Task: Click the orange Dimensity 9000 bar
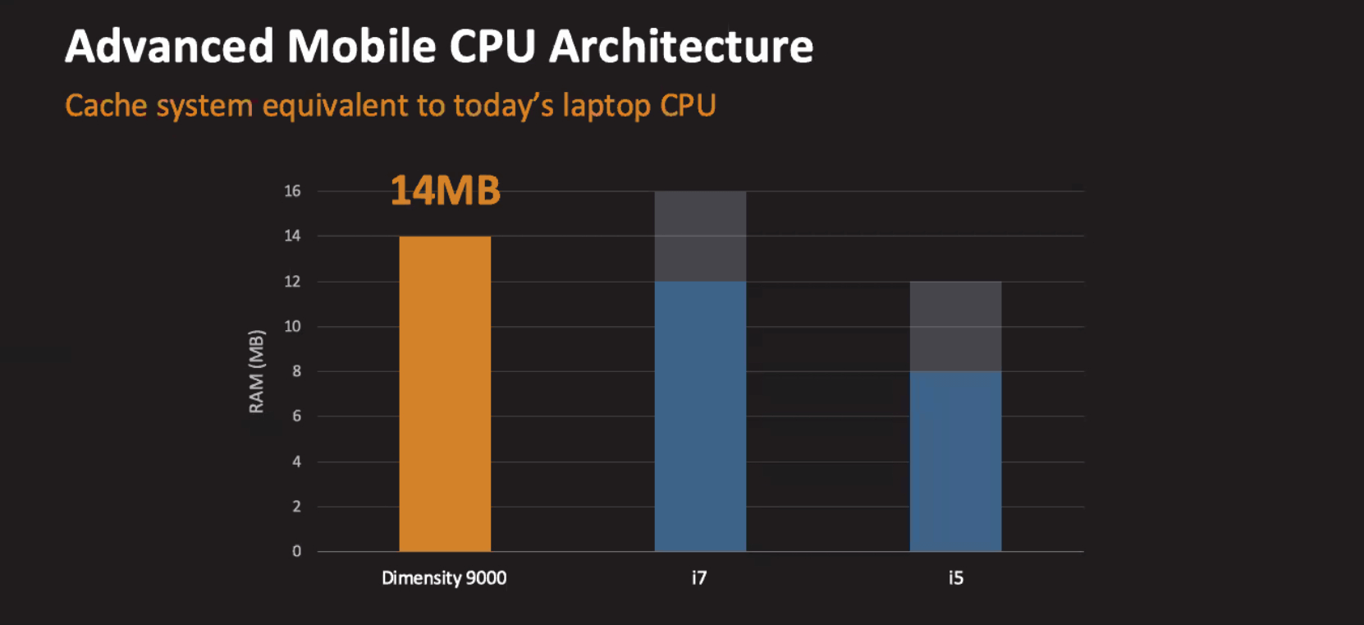click(x=445, y=393)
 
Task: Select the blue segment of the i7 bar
click(x=700, y=416)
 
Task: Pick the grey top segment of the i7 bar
click(x=700, y=237)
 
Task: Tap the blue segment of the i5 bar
click(x=955, y=461)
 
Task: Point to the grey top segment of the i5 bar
click(x=955, y=326)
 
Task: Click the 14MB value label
click(x=445, y=191)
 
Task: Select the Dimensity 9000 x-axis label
click(x=444, y=578)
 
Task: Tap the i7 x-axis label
click(x=699, y=578)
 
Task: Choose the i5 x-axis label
click(x=955, y=578)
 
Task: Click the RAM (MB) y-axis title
click(x=257, y=371)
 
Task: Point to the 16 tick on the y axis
click(x=292, y=191)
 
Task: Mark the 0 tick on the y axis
click(x=296, y=552)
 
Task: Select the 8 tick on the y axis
click(x=296, y=371)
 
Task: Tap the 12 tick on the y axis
click(x=292, y=282)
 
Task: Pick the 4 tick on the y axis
click(x=296, y=462)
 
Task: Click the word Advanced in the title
click(x=169, y=47)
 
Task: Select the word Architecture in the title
click(x=681, y=47)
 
